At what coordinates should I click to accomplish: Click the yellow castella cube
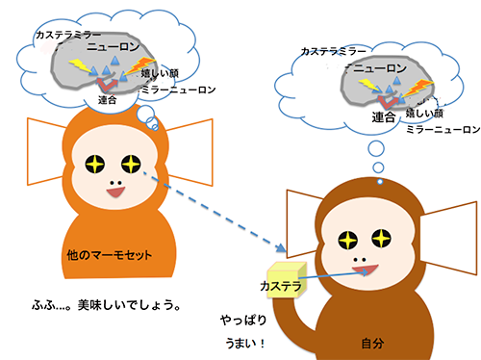point(287,280)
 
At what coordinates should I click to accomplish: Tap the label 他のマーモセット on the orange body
point(109,255)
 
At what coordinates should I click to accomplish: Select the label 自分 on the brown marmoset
point(372,344)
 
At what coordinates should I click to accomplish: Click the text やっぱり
point(243,320)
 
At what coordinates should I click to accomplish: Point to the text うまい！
point(245,344)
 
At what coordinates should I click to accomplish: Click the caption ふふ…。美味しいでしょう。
point(106,305)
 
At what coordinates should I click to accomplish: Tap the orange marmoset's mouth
point(115,193)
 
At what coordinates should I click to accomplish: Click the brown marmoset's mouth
point(366,270)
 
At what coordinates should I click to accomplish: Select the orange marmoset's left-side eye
point(95,164)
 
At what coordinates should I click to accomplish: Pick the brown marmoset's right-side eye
point(382,239)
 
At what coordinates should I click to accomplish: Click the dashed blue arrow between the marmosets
point(215,212)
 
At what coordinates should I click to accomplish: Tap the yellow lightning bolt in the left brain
point(82,65)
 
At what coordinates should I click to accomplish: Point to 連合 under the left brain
point(107,100)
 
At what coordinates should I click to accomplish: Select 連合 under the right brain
point(383,116)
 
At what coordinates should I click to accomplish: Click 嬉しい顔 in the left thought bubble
point(160,73)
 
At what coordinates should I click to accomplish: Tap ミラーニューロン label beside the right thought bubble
point(443,129)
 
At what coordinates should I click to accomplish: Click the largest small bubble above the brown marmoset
point(376,148)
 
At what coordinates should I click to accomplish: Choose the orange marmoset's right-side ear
point(190,152)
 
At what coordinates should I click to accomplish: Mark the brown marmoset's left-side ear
point(303,223)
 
